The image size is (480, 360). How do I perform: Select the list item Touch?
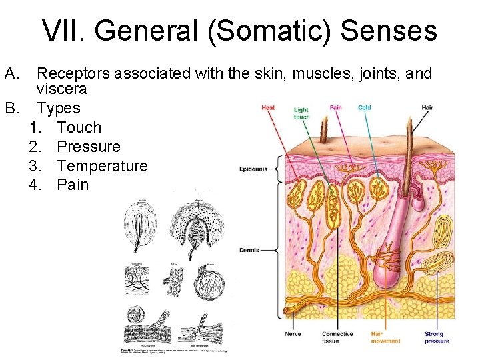tap(79, 127)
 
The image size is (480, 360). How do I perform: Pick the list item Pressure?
tap(89, 147)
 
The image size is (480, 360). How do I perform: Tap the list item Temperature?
tap(102, 165)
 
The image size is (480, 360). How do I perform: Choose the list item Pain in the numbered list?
tap(73, 185)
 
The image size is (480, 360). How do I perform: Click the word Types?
tap(59, 108)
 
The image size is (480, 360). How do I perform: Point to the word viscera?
tap(62, 89)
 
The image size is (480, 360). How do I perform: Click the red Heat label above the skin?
tap(268, 107)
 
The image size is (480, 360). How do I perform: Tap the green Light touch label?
tap(301, 113)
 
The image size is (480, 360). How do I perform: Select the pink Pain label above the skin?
tap(335, 107)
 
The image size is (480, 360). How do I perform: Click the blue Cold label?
tap(365, 107)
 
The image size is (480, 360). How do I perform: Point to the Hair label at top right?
tap(427, 107)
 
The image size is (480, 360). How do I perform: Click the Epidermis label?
tap(253, 169)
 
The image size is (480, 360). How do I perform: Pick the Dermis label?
tap(248, 250)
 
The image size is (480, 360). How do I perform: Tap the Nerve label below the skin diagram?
tap(293, 334)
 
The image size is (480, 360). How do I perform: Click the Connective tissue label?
tap(337, 337)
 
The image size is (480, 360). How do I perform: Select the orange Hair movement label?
tap(385, 337)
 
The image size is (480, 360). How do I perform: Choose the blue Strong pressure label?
tap(437, 337)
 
